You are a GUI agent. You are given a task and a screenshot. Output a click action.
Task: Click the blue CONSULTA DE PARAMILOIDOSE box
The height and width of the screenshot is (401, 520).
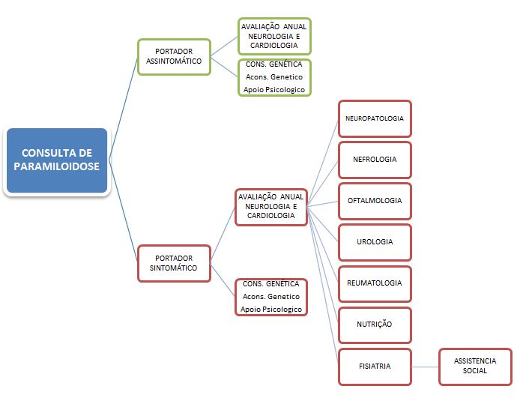point(57,160)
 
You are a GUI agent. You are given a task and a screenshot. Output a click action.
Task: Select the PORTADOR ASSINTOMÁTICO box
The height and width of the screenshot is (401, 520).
point(174,56)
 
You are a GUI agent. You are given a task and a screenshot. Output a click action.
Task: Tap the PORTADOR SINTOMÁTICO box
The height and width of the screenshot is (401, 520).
point(174,262)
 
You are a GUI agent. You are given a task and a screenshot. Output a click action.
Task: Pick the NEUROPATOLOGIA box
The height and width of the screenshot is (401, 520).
point(375,118)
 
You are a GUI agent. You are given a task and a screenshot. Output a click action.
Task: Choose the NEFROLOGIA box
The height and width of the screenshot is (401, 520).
point(375,160)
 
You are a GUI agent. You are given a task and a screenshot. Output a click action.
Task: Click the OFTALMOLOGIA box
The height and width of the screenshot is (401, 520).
point(375,201)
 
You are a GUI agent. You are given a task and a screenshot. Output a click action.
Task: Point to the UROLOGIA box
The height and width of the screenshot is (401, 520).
point(375,242)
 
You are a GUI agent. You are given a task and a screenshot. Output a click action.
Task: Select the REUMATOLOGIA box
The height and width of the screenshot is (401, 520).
point(375,283)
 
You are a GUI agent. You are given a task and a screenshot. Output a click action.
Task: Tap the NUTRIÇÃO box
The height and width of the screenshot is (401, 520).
point(375,325)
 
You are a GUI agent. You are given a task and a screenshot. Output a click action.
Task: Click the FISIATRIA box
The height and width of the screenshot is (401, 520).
point(375,367)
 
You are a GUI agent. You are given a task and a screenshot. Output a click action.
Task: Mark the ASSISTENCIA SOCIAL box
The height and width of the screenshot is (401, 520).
point(475,367)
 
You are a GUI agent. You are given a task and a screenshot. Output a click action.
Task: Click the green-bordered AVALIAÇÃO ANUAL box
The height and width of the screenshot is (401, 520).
point(273,36)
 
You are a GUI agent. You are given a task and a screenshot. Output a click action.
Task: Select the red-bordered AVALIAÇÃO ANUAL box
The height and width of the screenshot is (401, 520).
point(271,206)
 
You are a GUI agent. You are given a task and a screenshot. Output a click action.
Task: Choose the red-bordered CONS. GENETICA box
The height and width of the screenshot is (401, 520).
point(271,297)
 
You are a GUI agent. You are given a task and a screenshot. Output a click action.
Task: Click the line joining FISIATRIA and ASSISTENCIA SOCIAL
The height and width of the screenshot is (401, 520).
point(425,367)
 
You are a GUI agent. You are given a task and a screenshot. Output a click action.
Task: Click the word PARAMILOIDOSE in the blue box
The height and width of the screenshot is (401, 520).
point(57,167)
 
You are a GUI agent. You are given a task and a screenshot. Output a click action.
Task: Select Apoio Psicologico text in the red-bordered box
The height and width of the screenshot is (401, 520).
point(271,309)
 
